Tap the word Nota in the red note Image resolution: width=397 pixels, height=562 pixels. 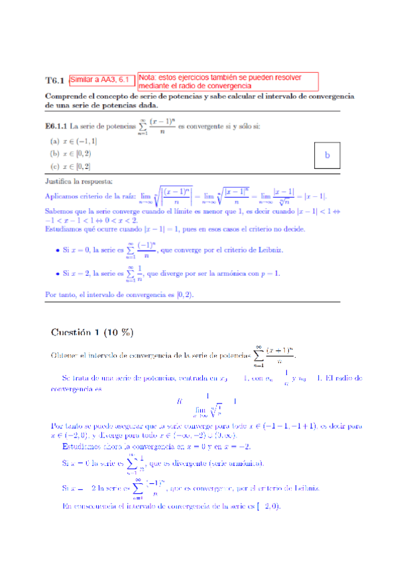[149, 77]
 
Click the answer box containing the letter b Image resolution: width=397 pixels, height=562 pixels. [327, 155]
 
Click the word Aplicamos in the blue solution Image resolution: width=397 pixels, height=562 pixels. [65, 196]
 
